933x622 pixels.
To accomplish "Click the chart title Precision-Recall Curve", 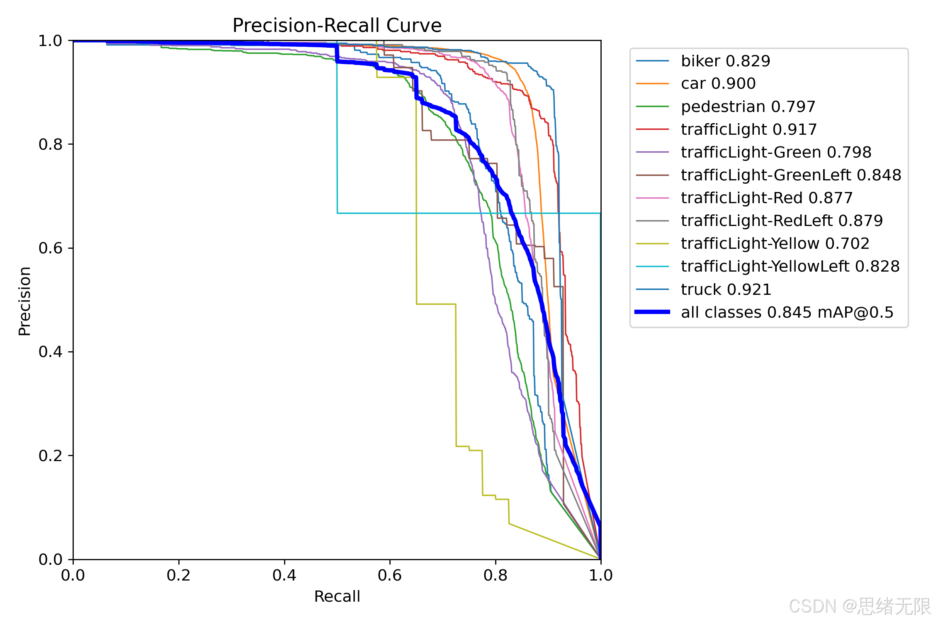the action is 337,26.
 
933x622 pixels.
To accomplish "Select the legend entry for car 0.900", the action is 718,84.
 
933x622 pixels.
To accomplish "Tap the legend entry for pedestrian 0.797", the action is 748,107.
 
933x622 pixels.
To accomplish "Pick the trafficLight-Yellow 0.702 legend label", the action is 775,243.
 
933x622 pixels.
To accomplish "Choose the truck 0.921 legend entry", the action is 726,289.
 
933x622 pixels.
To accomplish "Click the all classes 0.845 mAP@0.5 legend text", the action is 787,312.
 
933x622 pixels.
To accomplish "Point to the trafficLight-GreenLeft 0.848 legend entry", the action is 791,175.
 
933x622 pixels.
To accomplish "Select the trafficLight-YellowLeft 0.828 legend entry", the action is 790,266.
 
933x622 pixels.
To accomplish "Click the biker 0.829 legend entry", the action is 726,61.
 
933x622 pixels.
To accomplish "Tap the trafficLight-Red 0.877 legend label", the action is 767,198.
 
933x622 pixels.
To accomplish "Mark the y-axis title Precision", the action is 24,301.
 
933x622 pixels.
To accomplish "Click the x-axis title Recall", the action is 337,596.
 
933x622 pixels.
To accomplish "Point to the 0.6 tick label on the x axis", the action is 390,576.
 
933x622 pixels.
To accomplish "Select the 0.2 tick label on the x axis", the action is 179,576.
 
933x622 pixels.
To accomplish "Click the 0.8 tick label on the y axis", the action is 50,144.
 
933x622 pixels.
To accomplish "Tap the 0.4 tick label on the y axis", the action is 50,352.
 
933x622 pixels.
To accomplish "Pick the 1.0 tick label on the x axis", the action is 601,576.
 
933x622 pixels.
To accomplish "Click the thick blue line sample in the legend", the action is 652,312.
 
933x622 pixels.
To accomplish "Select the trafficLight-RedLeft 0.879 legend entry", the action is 782,221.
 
